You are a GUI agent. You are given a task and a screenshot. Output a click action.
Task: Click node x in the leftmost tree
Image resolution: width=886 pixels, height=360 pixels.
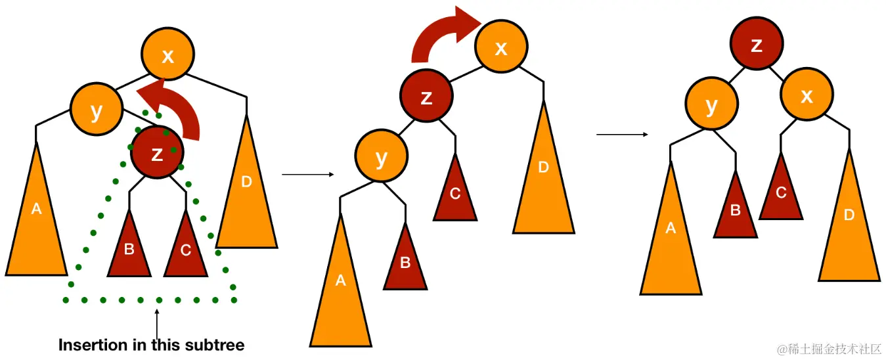pyautogui.click(x=168, y=55)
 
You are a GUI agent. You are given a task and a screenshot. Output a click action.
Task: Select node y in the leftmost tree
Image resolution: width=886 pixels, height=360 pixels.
pyautogui.click(x=97, y=111)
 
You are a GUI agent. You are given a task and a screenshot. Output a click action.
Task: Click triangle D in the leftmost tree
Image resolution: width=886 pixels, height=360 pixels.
pyautogui.click(x=246, y=191)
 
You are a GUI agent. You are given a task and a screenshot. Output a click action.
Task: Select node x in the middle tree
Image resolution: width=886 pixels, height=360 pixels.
pyautogui.click(x=501, y=47)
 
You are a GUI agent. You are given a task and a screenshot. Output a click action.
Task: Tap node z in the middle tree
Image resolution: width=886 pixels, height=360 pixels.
pyautogui.click(x=427, y=97)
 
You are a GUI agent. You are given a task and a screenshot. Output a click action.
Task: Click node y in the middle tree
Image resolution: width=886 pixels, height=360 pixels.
pyautogui.click(x=381, y=158)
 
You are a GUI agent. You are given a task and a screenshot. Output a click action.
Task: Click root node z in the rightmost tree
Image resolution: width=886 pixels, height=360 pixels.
pyautogui.click(x=757, y=45)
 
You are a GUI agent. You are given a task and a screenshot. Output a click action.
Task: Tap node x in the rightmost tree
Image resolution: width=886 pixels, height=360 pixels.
pyautogui.click(x=807, y=96)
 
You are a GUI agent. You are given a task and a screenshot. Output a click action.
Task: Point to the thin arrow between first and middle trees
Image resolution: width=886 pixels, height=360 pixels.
pyautogui.click(x=307, y=175)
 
